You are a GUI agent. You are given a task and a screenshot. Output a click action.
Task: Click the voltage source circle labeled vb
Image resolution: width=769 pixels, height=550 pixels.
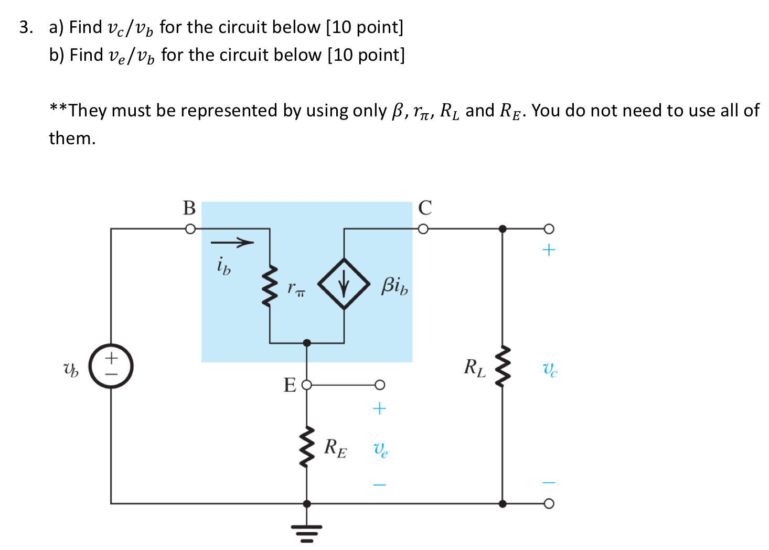coord(111,366)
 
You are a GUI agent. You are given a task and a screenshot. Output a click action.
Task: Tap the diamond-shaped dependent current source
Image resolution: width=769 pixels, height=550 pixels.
coord(344,284)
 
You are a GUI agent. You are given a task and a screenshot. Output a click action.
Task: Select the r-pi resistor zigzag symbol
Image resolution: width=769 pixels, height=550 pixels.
coord(270,286)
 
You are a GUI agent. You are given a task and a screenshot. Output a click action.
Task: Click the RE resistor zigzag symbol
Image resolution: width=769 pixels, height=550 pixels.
coord(307,447)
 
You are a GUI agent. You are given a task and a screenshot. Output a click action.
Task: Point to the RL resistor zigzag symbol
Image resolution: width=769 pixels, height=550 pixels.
coord(503,366)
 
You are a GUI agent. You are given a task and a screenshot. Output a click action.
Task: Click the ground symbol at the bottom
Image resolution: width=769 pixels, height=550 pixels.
coord(307,532)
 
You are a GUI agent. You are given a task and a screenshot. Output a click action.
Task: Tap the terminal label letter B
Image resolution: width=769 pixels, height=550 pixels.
coord(189,208)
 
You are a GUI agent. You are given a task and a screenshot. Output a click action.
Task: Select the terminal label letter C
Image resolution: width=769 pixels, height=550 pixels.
coord(425,208)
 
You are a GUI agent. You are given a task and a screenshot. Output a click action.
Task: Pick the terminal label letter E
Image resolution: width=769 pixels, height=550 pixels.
coord(290,385)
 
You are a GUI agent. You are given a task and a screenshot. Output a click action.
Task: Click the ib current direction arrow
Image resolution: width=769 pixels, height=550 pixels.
coord(232,242)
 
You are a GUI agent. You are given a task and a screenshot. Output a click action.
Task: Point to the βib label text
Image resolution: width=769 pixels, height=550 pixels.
coord(394,286)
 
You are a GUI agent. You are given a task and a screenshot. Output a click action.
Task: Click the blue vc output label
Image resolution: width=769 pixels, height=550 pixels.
coord(549,370)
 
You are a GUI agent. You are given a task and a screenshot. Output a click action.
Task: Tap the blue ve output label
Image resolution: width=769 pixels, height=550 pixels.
coord(380,449)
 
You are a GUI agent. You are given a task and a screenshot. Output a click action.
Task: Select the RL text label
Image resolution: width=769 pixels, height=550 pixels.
coord(474,368)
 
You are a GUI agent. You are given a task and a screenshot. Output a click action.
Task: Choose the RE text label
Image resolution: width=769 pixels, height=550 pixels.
coord(335,448)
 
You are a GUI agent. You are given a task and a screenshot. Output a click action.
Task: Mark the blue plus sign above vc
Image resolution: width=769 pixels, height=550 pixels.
coord(549,250)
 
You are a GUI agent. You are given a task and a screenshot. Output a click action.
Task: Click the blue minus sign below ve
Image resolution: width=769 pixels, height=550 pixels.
coord(379,485)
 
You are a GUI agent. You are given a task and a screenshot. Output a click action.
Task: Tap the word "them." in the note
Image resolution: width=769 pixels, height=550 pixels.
coord(72,138)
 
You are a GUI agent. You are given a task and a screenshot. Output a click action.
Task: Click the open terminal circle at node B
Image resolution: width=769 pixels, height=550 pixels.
coord(190,229)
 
